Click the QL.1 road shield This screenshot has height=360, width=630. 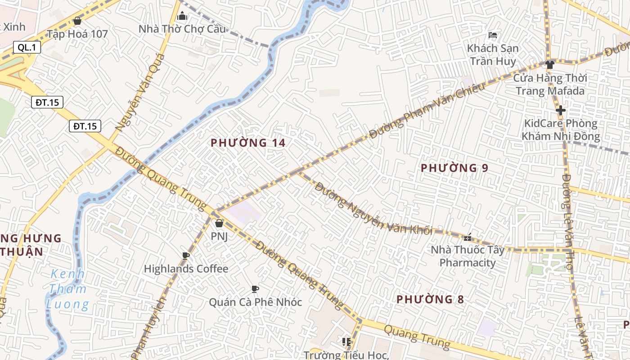click(x=27, y=47)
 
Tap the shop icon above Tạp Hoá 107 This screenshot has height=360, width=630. click(x=77, y=21)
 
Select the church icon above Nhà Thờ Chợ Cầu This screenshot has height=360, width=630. click(x=182, y=16)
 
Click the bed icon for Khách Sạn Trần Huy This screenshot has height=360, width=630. click(x=493, y=35)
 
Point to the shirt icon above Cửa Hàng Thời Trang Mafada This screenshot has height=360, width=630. click(x=549, y=64)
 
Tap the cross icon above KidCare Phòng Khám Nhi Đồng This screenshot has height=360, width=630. click(x=560, y=110)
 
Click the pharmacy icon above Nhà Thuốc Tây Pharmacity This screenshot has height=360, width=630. click(x=468, y=237)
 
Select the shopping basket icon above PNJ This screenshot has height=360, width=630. click(x=219, y=223)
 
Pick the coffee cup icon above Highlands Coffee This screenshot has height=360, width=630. click(x=185, y=256)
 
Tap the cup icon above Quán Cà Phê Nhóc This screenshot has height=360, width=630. click(x=255, y=289)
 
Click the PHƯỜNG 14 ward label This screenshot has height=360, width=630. click(x=248, y=143)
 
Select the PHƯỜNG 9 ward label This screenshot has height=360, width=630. click(x=454, y=168)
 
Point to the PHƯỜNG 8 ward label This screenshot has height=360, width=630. click(x=430, y=299)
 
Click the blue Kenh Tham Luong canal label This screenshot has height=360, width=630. click(x=67, y=289)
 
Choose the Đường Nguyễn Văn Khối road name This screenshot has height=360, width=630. click(x=373, y=208)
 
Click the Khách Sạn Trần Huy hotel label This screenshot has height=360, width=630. click(x=492, y=54)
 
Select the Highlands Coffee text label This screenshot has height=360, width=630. click(x=186, y=269)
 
